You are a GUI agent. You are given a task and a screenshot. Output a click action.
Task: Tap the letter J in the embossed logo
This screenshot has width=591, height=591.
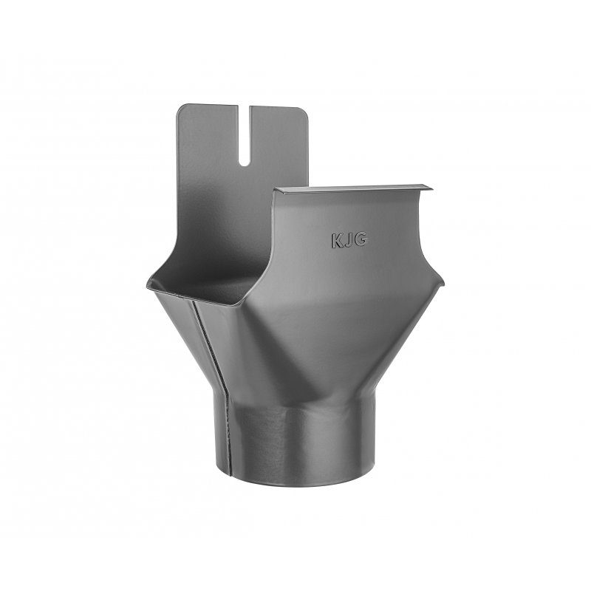point(348,241)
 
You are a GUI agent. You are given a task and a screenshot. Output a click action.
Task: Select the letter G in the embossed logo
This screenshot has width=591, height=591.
point(360,239)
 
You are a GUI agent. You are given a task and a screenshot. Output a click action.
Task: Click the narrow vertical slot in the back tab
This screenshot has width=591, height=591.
point(245,136)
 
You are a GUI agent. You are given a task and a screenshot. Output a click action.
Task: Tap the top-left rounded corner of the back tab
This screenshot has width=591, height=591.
point(180,108)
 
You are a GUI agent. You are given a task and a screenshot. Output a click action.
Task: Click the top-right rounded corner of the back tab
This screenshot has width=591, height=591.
point(304,111)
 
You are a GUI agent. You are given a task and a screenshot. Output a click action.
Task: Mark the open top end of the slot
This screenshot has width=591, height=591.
point(245,106)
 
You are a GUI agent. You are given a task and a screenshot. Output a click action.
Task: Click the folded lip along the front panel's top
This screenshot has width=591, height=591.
point(354,188)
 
